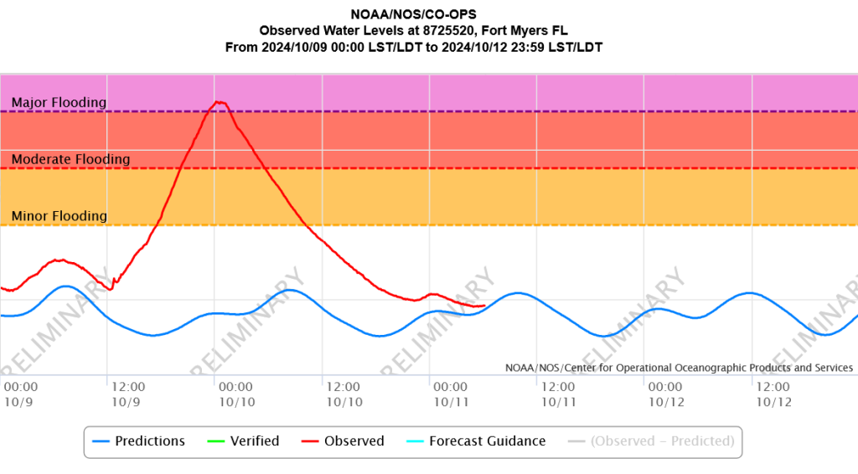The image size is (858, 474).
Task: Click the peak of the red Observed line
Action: [x=220, y=101]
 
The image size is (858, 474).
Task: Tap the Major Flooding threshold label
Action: [x=59, y=102]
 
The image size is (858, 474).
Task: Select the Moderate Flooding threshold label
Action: [x=70, y=159]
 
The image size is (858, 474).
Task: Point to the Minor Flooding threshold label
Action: [x=59, y=216]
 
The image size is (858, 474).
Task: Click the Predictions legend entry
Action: [x=139, y=441]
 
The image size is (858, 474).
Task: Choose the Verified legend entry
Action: [x=244, y=441]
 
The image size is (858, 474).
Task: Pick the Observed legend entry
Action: [x=343, y=441]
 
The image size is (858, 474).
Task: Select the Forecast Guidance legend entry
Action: [x=476, y=441]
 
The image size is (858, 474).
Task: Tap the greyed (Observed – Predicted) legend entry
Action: [x=651, y=441]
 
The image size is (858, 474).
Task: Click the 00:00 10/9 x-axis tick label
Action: [x=21, y=394]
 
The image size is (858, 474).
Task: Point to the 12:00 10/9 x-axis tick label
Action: [x=128, y=394]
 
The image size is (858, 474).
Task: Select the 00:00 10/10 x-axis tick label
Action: [x=235, y=394]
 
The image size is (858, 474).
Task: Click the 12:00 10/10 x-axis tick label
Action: [x=344, y=394]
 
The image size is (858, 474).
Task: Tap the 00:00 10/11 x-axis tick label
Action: [x=451, y=394]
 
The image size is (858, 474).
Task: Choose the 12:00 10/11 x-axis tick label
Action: [x=558, y=394]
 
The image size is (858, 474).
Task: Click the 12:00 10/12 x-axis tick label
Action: [x=773, y=394]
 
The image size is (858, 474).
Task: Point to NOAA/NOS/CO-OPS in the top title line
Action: [x=414, y=14]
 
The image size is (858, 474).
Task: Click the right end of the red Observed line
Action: [x=485, y=306]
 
